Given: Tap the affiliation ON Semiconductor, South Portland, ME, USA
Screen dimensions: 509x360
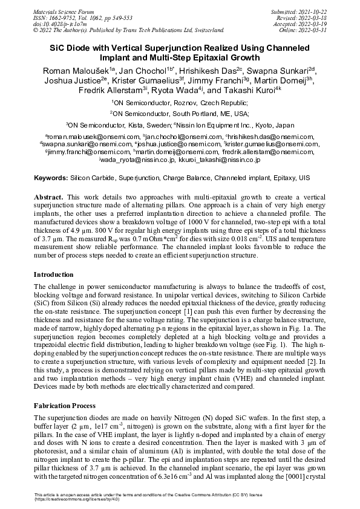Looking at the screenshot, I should tap(180, 114).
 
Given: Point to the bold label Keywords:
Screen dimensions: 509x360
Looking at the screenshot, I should tap(50, 179).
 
